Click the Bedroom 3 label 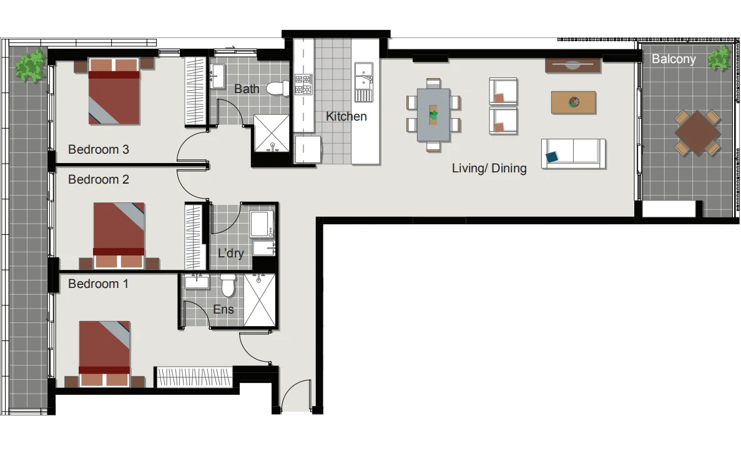99,150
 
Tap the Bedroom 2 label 99,180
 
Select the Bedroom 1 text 99,284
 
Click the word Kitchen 346,117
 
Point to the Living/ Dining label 489,169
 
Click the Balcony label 674,59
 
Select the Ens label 223,309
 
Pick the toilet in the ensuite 228,286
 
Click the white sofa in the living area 573,154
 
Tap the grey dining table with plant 433,115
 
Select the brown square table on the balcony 697,133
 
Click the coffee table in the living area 573,102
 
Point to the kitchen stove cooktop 303,84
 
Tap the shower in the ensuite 260,300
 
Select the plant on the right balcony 720,58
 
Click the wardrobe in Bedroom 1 194,377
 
